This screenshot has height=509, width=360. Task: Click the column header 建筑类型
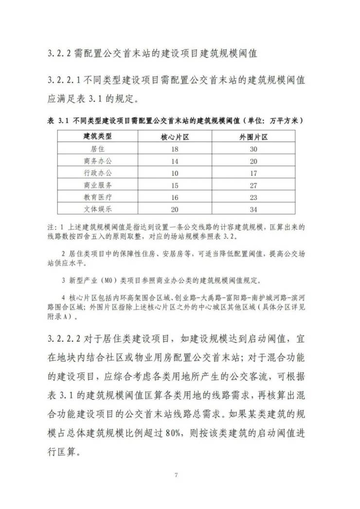click(98, 135)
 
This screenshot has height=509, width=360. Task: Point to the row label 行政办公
click(98, 172)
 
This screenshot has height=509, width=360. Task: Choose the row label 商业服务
click(98, 185)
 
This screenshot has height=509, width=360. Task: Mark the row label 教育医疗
click(98, 197)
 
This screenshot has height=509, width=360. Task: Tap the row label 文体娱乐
click(98, 209)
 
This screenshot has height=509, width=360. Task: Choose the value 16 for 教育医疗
click(174, 197)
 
